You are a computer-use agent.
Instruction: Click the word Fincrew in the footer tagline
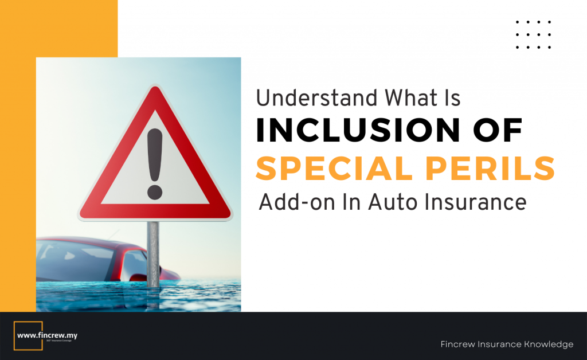(x=459, y=345)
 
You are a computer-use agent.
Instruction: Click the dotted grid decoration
(x=533, y=34)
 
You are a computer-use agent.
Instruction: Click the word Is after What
(x=452, y=99)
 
